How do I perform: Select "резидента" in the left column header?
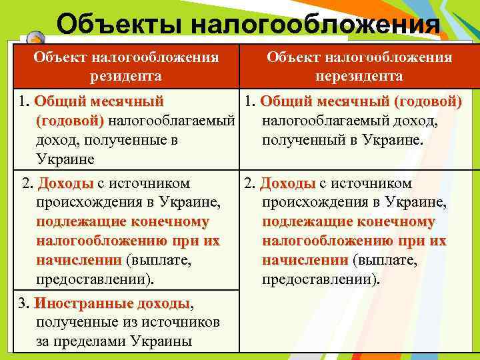126,76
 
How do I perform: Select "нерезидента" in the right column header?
359,76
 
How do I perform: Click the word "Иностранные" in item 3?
83,304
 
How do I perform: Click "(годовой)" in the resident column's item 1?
69,121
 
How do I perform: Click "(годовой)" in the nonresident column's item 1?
427,102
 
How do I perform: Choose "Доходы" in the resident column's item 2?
65,183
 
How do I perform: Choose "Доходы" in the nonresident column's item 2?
287,183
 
